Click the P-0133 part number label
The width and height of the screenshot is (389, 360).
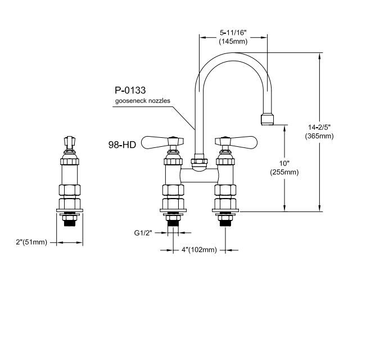(x=130, y=91)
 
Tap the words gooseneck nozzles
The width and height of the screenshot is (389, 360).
(x=143, y=101)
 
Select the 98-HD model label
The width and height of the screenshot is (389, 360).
(x=122, y=145)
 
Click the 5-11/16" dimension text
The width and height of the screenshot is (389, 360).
(x=233, y=33)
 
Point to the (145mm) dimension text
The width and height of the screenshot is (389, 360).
(x=233, y=41)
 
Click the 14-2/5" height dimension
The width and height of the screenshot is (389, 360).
(x=319, y=127)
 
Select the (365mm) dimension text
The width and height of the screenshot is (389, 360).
(x=319, y=136)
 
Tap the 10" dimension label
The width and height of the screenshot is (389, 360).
(x=284, y=163)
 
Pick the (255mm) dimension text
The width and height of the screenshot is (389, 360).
(x=284, y=172)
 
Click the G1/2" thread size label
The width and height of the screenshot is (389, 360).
(x=143, y=233)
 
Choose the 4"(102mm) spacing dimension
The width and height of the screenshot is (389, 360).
(x=199, y=250)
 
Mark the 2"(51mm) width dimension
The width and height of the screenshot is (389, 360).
(x=31, y=242)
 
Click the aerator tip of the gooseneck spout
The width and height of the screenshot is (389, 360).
(x=267, y=119)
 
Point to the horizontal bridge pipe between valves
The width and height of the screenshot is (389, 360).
(x=200, y=175)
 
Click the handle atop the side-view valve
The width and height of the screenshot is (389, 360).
(x=70, y=142)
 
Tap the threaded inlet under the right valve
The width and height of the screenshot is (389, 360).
(x=225, y=220)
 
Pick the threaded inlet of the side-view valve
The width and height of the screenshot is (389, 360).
(x=70, y=220)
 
